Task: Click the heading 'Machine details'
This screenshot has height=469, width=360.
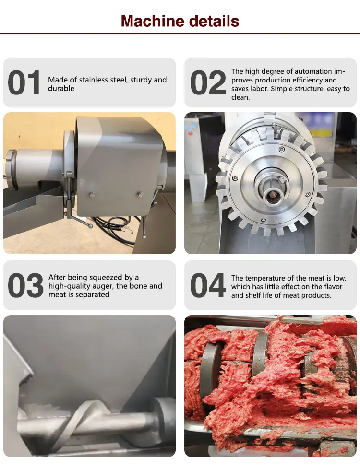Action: tap(180, 21)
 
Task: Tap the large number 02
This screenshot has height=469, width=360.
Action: tap(207, 83)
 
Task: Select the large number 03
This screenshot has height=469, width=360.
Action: tap(25, 286)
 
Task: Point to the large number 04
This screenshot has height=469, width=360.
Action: tap(207, 286)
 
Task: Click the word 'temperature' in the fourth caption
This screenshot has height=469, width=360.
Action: tap(271, 278)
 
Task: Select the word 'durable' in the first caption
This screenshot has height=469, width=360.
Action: tap(61, 88)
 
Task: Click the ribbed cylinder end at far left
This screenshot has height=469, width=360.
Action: tap(11, 163)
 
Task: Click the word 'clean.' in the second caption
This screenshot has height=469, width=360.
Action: tap(240, 97)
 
